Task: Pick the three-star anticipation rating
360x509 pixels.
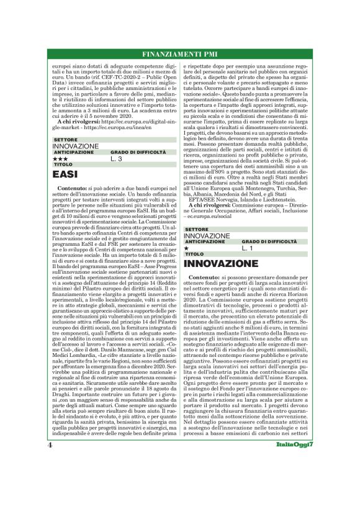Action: tap(60, 160)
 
